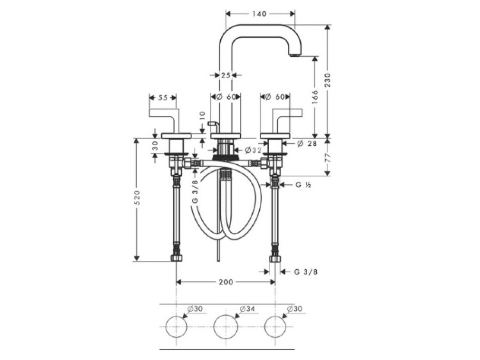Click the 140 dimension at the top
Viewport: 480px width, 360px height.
pos(260,13)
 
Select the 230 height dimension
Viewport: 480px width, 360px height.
pos(328,80)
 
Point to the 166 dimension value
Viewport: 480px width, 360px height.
pos(315,97)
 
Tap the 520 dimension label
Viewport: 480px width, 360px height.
pos(137,198)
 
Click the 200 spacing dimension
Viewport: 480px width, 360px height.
pos(226,282)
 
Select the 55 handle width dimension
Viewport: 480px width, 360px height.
pos(163,98)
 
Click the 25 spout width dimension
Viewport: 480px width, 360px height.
pos(226,75)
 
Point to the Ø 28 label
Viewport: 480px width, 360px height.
pos(307,143)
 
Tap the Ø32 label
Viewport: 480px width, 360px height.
pos(253,150)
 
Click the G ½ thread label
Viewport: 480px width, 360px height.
pos(303,185)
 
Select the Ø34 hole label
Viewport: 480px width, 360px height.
pos(247,309)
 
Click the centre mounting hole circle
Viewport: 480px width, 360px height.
pos(226,326)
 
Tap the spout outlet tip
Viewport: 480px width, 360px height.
pos(294,56)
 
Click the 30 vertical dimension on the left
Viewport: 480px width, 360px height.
pos(155,145)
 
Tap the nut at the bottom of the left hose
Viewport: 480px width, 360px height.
pos(177,258)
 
